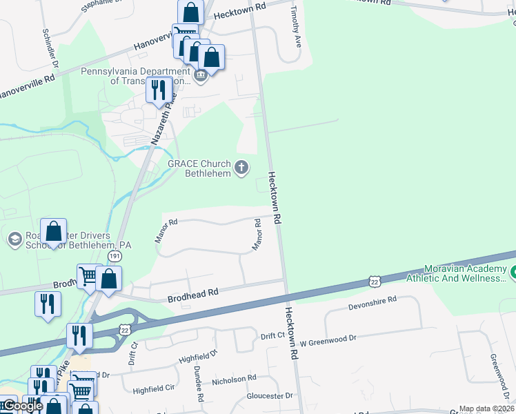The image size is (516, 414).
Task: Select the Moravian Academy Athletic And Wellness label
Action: click(x=456, y=273)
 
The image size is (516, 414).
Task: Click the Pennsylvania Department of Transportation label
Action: click(x=137, y=76)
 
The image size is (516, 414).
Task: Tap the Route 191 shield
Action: click(x=115, y=255)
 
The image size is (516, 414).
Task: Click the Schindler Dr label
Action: click(x=51, y=44)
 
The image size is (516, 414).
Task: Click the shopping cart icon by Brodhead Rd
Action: click(x=88, y=276)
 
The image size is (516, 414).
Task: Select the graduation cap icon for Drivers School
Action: click(x=14, y=239)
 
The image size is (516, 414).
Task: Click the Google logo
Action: click(x=22, y=406)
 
